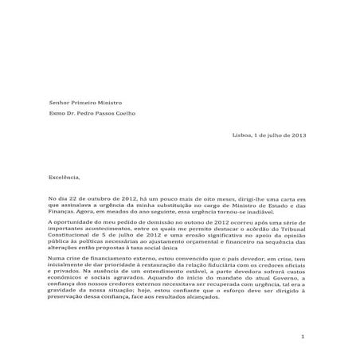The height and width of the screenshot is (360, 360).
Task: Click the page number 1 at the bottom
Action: tap(303, 338)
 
